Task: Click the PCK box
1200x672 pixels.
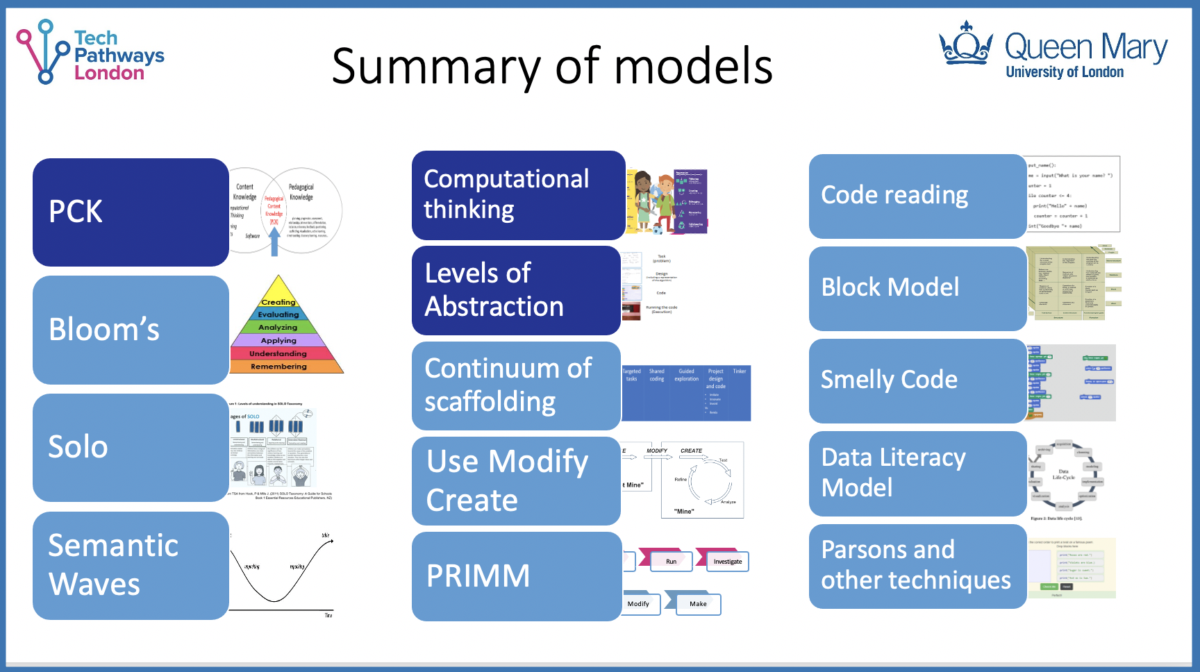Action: pos(131,212)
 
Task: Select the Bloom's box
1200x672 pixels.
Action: pos(131,330)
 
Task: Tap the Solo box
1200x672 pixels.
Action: pos(131,447)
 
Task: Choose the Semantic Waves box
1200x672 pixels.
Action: pos(131,565)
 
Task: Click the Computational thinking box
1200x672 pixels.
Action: pos(518,195)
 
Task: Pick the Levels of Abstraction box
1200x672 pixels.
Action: pos(515,290)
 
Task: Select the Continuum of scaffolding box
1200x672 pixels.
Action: pos(515,385)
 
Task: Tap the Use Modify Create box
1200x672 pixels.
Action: pos(515,480)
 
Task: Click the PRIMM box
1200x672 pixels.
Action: pos(515,576)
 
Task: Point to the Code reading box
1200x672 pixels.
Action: pos(917,196)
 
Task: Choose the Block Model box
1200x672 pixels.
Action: pos(917,288)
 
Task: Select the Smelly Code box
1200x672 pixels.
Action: pos(917,380)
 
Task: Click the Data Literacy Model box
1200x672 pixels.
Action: pos(917,473)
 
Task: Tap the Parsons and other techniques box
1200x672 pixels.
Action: pos(917,566)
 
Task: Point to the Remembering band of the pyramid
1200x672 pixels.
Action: pos(278,367)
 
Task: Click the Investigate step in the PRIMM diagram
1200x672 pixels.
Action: pos(727,562)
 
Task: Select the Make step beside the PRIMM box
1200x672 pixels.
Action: pos(698,604)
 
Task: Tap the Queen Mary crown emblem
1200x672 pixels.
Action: pos(965,44)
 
